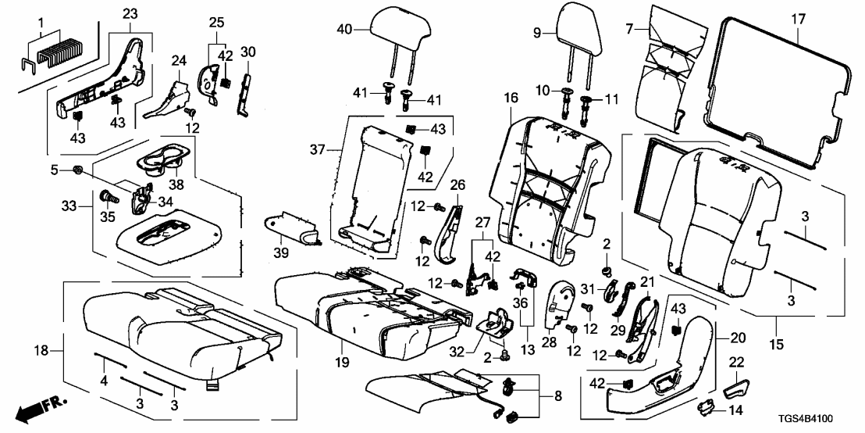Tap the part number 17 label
(797, 17)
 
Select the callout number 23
(129, 13)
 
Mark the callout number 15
(777, 321)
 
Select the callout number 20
(738, 338)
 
